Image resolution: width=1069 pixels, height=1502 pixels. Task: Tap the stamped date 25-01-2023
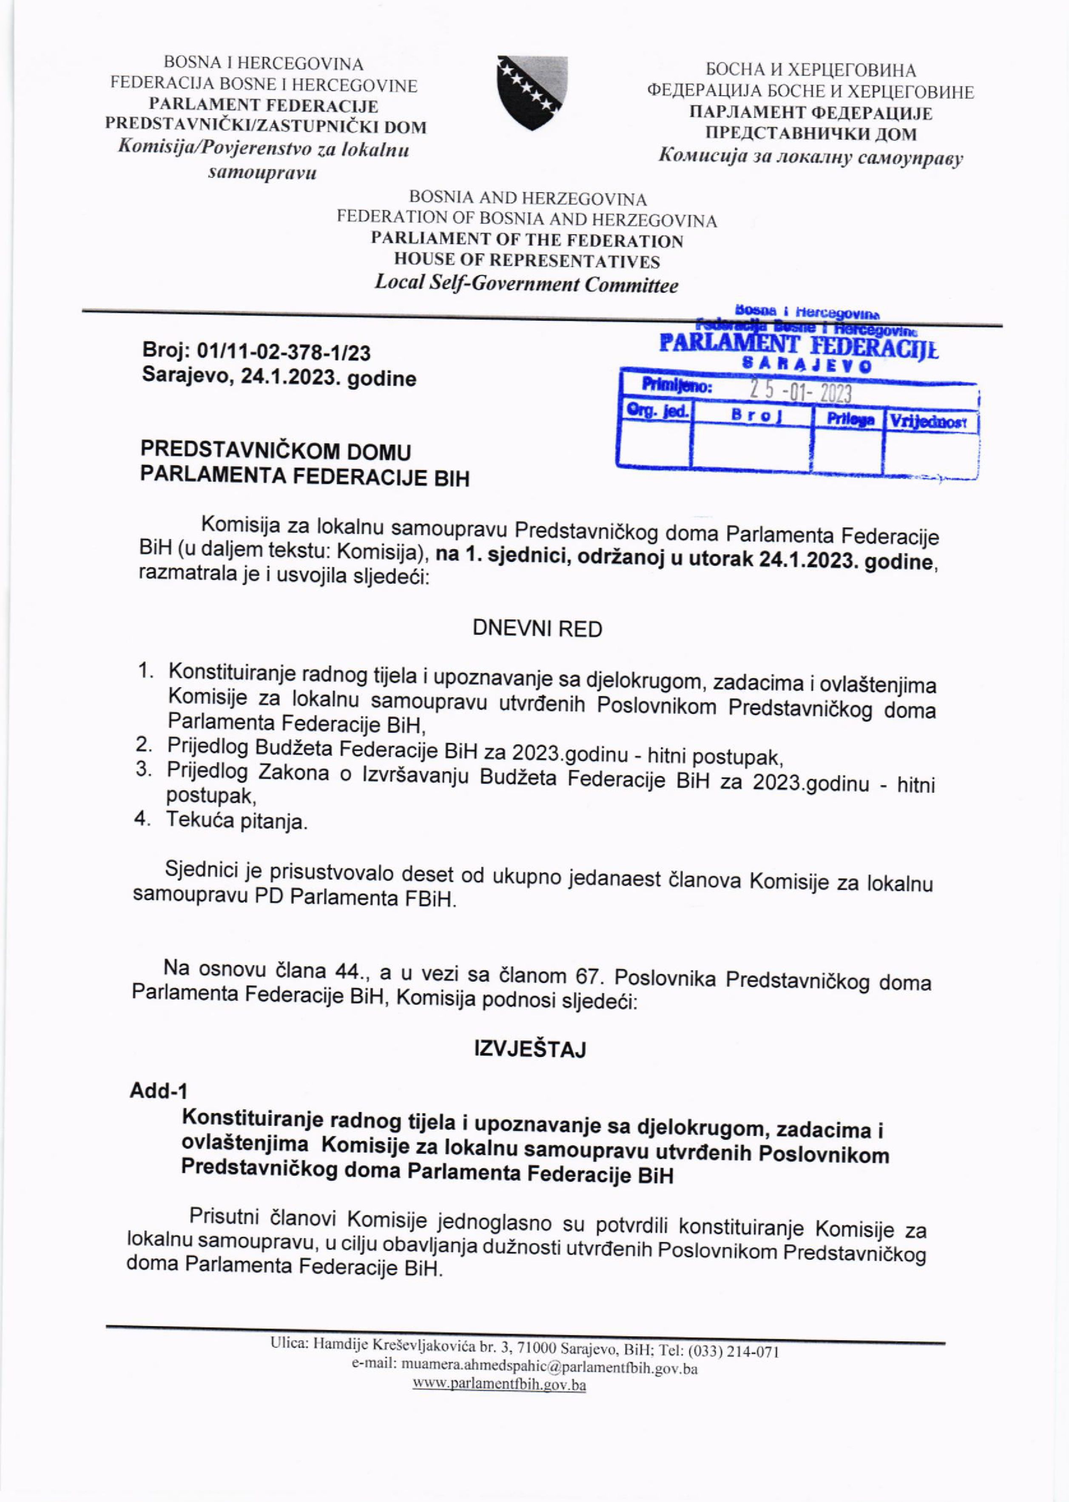800,394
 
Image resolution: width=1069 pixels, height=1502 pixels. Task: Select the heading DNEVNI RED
537,629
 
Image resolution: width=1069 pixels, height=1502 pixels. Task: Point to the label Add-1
159,1091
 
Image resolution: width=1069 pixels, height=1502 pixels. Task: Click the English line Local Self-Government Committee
526,284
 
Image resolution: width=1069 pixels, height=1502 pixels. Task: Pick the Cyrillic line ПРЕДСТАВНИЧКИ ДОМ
810,135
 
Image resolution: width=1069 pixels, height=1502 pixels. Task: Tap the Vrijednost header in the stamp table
930,422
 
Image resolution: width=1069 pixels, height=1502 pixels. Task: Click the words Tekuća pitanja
237,822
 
